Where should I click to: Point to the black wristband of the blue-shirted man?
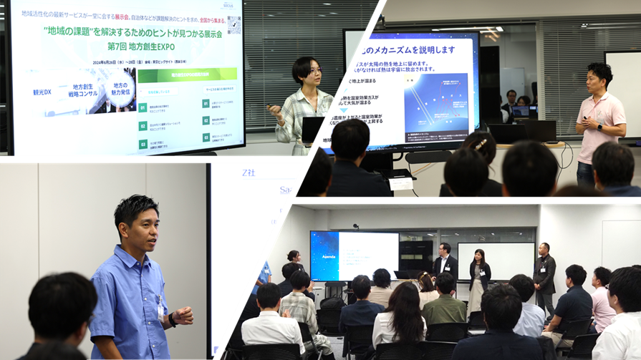173,320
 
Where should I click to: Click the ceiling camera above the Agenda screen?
356,226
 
